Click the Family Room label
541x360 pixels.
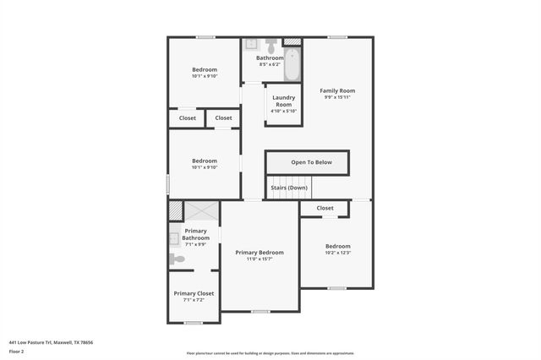pos(337,90)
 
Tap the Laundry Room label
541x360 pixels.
pos(283,101)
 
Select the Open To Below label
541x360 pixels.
pos(312,162)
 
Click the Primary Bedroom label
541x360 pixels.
pos(260,253)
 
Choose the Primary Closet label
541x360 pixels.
pos(194,293)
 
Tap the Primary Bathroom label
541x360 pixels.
pos(196,234)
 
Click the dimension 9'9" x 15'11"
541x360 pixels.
pos(337,97)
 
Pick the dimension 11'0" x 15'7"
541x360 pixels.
pos(260,259)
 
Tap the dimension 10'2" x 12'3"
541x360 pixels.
pos(337,253)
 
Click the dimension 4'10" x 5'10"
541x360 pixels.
pos(283,111)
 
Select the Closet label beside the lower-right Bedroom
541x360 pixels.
pos(325,208)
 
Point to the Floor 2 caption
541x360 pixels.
pos(17,351)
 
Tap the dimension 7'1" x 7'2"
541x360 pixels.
pos(194,300)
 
